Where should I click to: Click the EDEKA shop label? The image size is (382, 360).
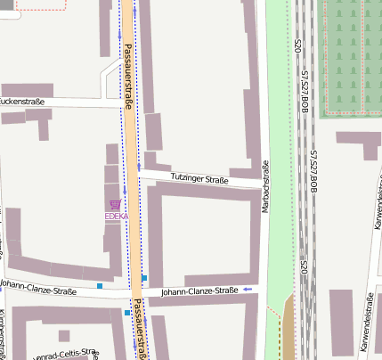click(116, 217)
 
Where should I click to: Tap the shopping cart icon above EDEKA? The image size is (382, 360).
click(115, 205)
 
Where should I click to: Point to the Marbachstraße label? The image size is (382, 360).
click(265, 187)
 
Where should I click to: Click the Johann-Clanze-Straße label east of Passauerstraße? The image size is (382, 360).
click(199, 290)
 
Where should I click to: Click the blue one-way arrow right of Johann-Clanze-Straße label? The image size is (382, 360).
click(247, 290)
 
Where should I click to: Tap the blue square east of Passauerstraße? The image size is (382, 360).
click(144, 278)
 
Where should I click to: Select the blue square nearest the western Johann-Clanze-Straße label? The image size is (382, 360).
click(101, 286)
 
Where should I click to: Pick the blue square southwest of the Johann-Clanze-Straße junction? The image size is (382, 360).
click(126, 313)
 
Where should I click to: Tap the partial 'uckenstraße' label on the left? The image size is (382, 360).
click(22, 102)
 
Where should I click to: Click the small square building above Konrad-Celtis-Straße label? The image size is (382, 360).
click(62, 335)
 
